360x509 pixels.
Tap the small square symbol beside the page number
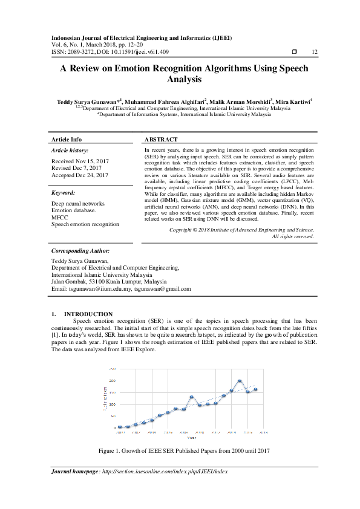click(x=295, y=53)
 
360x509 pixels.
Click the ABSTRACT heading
click(x=161, y=139)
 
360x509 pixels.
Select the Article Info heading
click(x=67, y=139)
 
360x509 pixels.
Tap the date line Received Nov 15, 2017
click(x=80, y=161)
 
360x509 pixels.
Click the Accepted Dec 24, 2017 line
click(x=80, y=175)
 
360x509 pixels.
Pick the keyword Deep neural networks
click(x=78, y=204)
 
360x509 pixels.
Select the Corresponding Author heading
click(x=80, y=250)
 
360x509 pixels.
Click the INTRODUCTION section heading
click(x=88, y=314)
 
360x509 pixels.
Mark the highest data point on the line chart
click(x=240, y=381)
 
